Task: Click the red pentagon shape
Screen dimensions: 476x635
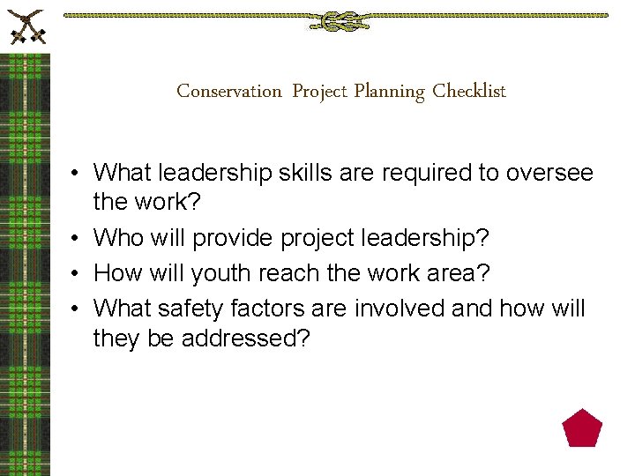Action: pos(582,428)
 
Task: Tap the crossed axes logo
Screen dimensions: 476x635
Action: pos(26,26)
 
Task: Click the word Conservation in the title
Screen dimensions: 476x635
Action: pos(229,91)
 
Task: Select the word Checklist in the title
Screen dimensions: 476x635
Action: pos(469,91)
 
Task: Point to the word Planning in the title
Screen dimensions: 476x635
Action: pos(389,91)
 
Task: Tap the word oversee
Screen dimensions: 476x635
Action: pos(549,173)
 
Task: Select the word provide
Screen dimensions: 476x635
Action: pos(234,238)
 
